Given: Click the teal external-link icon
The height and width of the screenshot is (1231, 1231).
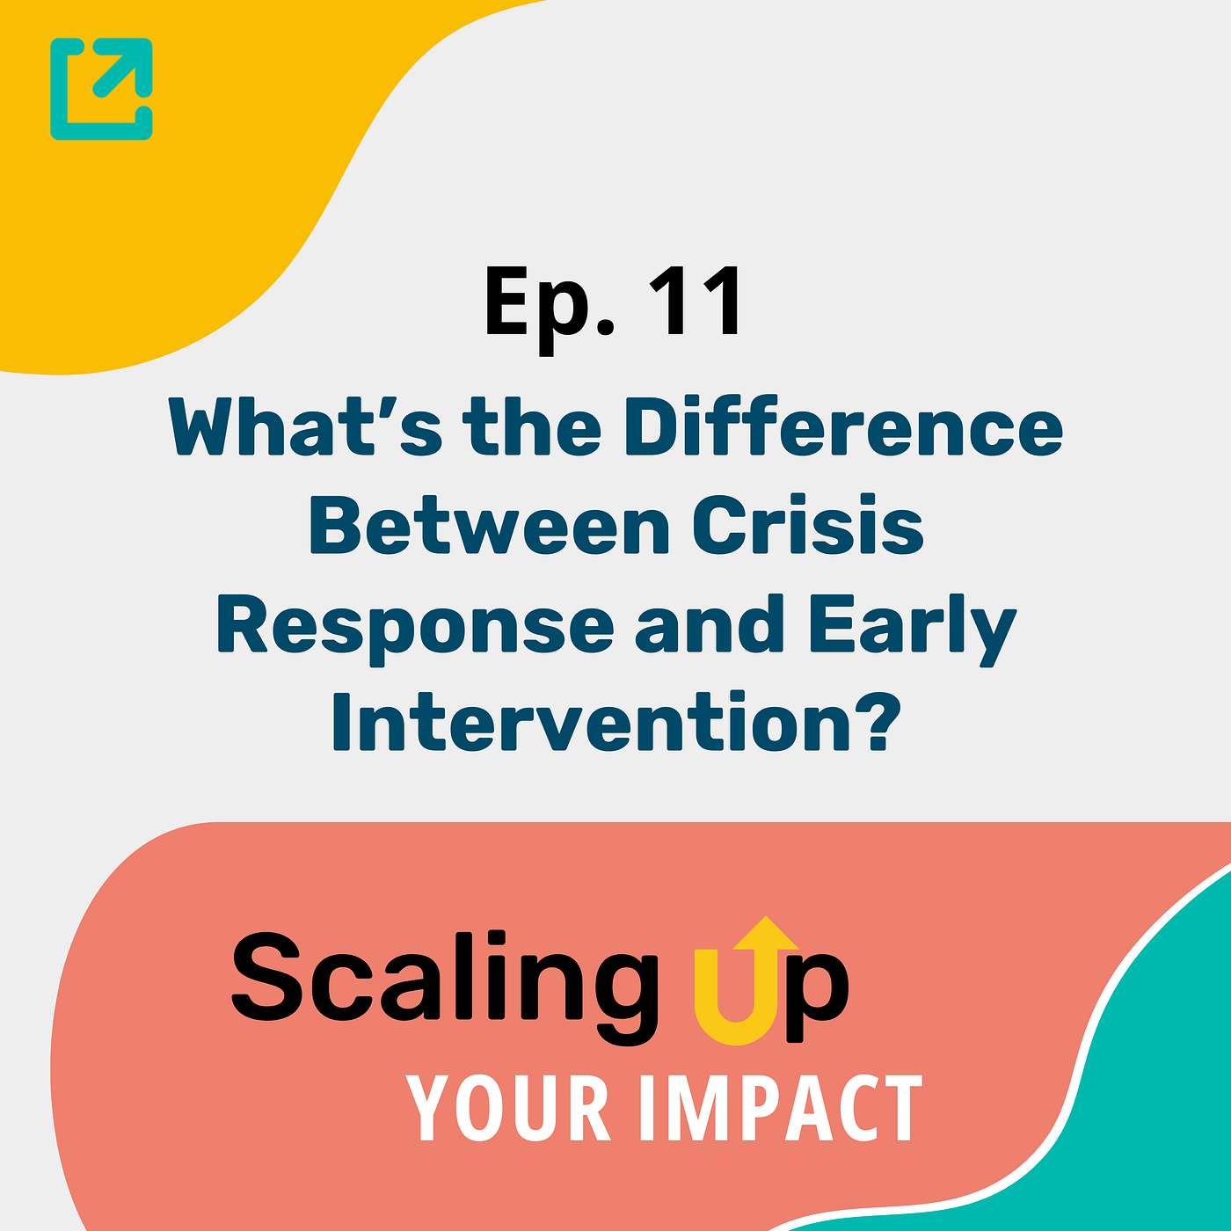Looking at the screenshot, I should click(x=101, y=89).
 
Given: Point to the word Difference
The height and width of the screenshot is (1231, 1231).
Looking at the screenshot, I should click(x=843, y=428).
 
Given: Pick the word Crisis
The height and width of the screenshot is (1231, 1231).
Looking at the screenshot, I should click(x=808, y=526).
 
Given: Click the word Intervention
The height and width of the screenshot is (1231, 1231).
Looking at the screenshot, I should click(x=590, y=724).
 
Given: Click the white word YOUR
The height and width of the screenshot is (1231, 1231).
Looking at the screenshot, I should click(x=509, y=1109).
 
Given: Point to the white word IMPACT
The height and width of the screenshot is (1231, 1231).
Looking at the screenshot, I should click(x=780, y=1109).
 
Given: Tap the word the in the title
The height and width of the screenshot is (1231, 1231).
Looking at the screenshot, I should click(x=532, y=428).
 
